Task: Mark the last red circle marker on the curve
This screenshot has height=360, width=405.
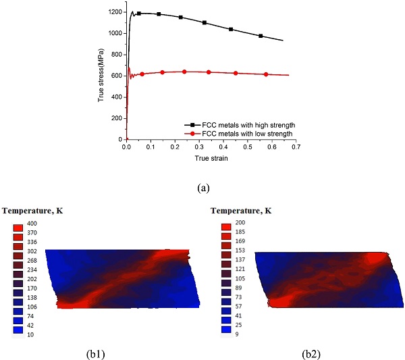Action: (266, 74)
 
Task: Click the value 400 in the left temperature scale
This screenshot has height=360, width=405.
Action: (33, 224)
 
